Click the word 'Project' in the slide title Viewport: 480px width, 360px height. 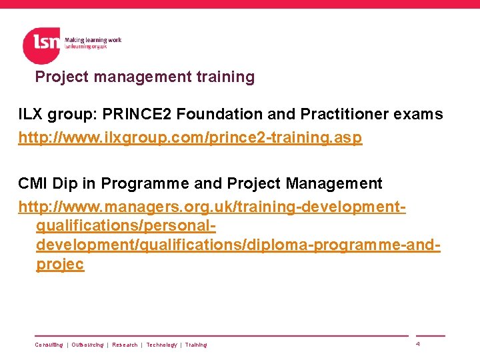[x=62, y=77]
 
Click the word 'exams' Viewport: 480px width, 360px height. [x=418, y=115]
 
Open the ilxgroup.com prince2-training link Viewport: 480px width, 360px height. [x=190, y=139]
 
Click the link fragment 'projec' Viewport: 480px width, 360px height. [x=60, y=264]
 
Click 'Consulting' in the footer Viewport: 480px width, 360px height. [x=49, y=345]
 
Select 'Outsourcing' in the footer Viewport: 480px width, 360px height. [x=87, y=345]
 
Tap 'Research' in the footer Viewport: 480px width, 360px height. [x=125, y=345]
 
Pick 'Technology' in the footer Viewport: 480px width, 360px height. [x=161, y=345]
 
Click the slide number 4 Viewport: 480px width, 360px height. [x=417, y=344]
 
